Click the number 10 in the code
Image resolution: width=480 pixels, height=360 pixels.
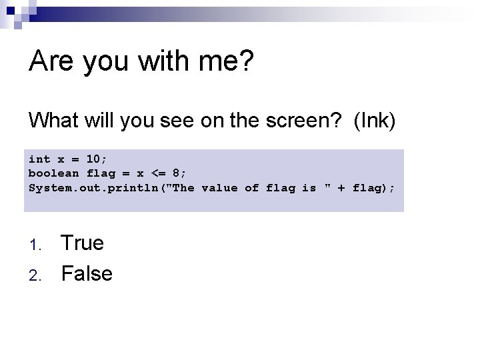[94, 159]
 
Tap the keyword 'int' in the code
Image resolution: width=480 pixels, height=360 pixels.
[39, 159]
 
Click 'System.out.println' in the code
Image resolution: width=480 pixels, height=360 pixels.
[93, 188]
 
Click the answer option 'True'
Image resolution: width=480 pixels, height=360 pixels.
[83, 243]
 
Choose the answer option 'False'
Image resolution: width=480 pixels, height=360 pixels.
[87, 273]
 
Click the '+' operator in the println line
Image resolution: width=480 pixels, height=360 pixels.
[342, 188]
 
